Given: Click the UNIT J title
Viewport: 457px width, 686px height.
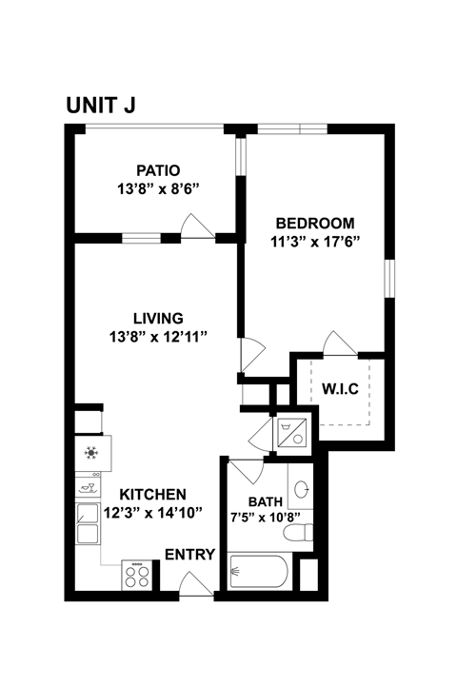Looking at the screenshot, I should (100, 105).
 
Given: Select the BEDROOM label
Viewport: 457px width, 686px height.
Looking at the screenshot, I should (312, 223).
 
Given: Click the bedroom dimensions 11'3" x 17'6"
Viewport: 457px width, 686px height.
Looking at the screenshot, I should (313, 241).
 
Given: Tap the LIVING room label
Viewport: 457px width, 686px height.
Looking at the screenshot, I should (157, 318).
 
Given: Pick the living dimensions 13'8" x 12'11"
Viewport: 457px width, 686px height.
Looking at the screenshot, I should (157, 336).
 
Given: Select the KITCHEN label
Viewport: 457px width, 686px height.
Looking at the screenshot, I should (152, 495).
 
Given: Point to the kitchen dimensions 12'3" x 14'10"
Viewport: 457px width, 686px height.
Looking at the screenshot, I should (152, 513).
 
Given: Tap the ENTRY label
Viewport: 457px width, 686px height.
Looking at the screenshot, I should (189, 555).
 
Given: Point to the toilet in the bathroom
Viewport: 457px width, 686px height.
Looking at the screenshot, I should (302, 533).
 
